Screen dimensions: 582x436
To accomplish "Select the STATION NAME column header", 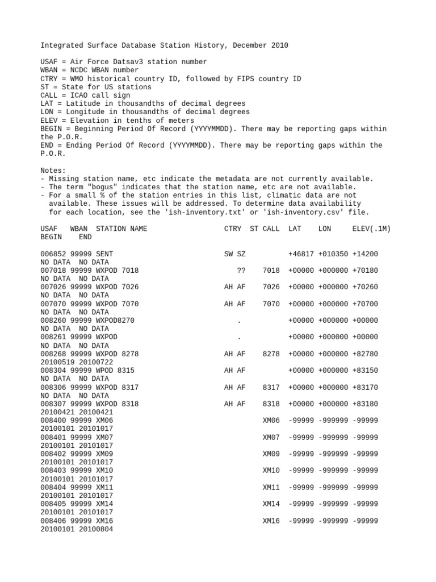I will point(121,228).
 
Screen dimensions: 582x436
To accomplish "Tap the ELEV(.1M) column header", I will point(371,228).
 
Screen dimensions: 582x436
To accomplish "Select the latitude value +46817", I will point(301,253).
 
